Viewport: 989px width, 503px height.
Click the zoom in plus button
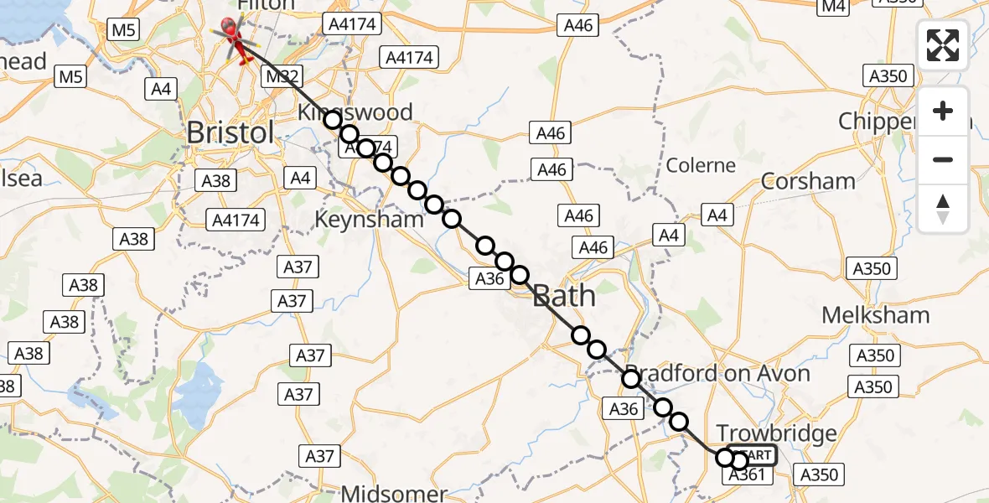coord(943,111)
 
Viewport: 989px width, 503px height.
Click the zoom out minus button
coord(943,159)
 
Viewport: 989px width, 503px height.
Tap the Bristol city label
coord(230,132)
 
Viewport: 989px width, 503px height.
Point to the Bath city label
coord(564,296)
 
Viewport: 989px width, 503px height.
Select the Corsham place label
coord(808,181)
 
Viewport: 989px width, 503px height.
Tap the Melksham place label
coord(875,315)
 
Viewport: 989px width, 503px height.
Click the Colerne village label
coord(701,164)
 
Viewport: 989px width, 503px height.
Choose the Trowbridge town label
coord(776,433)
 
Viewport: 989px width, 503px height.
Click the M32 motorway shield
coord(281,77)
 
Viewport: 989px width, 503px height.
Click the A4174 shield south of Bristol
coord(237,220)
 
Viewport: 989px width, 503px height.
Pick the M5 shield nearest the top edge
coord(123,30)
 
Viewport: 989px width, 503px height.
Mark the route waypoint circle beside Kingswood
coord(333,120)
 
